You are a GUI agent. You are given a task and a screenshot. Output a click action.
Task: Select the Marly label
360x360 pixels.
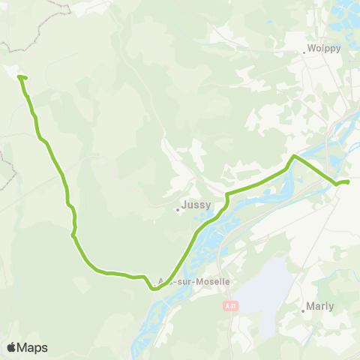(320, 306)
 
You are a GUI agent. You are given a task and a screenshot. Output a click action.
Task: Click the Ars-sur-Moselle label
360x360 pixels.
(193, 281)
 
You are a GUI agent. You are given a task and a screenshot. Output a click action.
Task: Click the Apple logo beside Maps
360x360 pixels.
(11, 347)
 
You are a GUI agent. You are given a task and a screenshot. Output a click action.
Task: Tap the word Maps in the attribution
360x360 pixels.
(33, 347)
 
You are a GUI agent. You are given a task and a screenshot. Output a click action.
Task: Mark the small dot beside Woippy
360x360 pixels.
(304, 52)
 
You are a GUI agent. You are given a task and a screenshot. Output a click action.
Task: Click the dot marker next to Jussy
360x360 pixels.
(178, 209)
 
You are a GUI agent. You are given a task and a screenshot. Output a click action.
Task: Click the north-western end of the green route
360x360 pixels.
(19, 76)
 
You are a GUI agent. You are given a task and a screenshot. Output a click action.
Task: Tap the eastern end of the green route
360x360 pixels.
(348, 181)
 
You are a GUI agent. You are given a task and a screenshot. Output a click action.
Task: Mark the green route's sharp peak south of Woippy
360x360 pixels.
(294, 156)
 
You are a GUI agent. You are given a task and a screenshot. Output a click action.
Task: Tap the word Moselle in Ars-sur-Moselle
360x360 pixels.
(213, 281)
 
